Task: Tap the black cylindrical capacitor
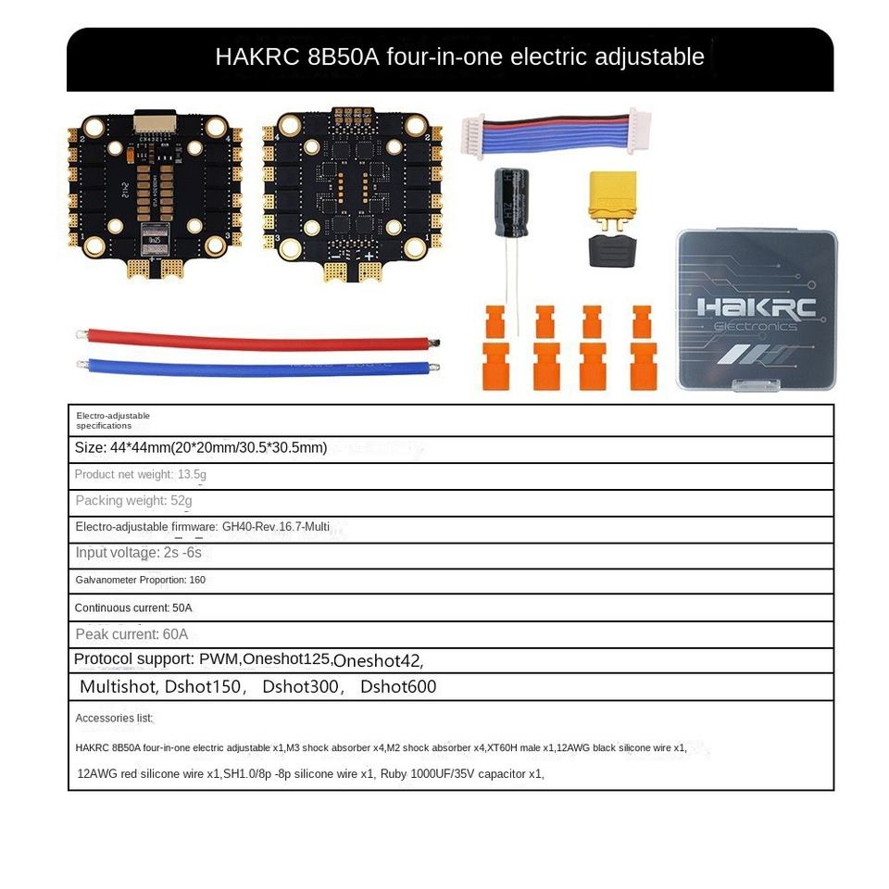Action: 511,202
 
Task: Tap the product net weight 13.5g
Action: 192,475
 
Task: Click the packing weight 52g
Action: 181,501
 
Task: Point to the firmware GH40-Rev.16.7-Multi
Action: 275,527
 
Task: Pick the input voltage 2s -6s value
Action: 182,553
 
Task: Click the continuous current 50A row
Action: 133,608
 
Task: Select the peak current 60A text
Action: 131,634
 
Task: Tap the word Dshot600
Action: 398,687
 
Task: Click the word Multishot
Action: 119,687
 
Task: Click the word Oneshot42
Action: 378,661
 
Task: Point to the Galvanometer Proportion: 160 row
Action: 140,581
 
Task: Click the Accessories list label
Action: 114,719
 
